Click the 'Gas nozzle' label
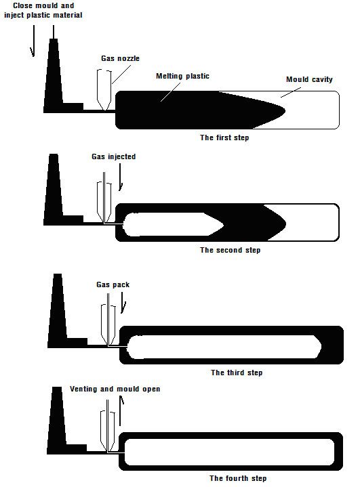[120, 58]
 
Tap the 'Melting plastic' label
[182, 76]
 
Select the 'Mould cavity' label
[309, 79]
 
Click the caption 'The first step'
[224, 137]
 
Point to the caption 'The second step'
[231, 250]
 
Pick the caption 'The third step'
[237, 373]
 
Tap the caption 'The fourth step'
[238, 478]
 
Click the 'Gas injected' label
[113, 156]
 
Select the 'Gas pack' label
[113, 284]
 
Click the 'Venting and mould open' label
[115, 389]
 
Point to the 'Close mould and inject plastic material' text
[43, 10]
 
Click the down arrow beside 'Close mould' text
[33, 41]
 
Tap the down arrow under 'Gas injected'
[121, 177]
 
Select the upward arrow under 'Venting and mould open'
[121, 410]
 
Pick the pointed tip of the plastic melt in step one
[285, 110]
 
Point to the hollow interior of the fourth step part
[229, 452]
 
